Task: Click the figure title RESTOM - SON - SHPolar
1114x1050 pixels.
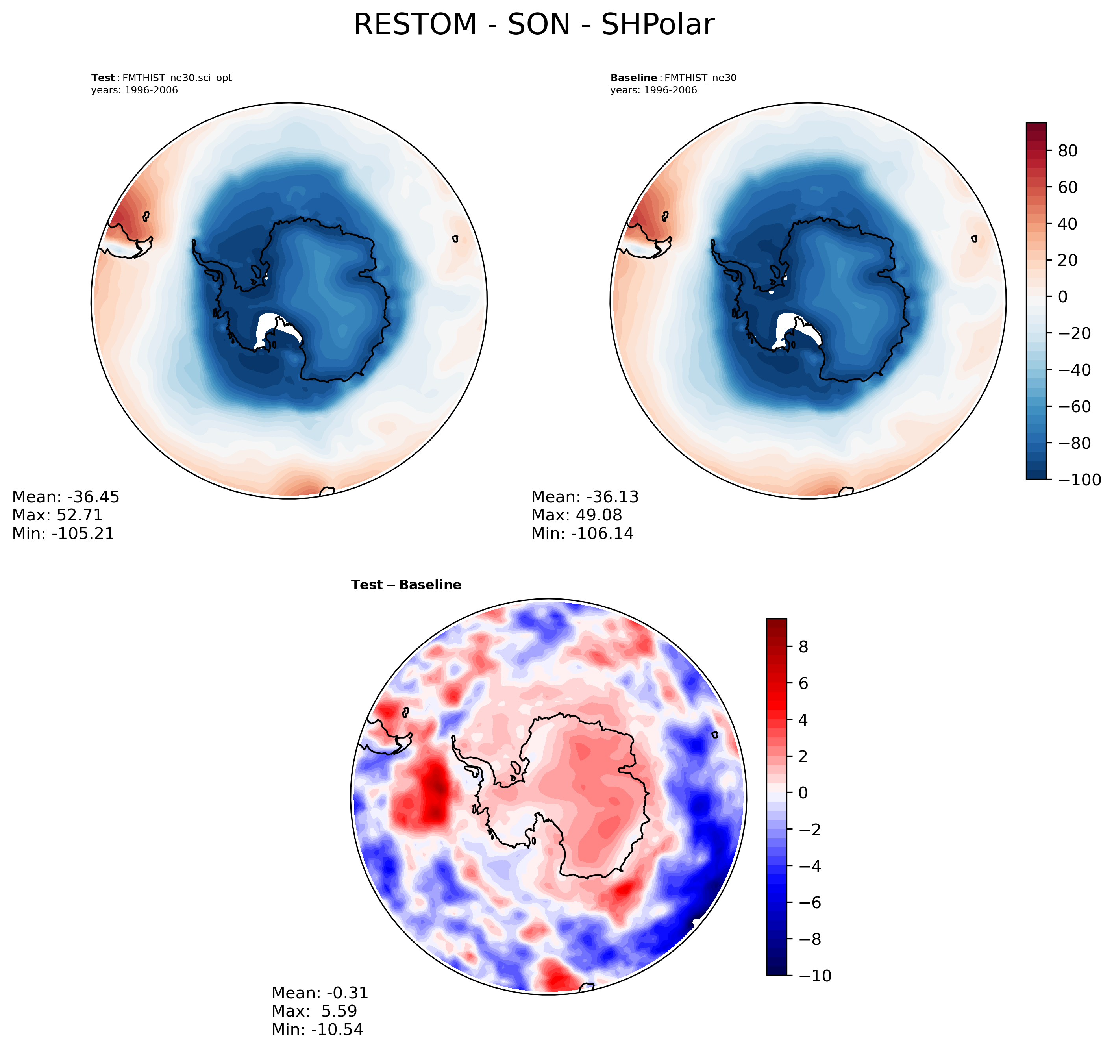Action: pyautogui.click(x=533, y=25)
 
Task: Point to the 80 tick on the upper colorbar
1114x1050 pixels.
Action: pyautogui.click(x=1068, y=151)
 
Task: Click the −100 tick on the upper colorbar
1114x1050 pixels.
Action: pyautogui.click(x=1079, y=480)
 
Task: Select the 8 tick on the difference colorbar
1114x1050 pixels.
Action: pyautogui.click(x=803, y=647)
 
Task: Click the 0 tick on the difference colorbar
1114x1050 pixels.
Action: pyautogui.click(x=803, y=793)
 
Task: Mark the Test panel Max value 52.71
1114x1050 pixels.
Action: pyautogui.click(x=80, y=515)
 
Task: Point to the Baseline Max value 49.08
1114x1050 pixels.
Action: pyautogui.click(x=599, y=515)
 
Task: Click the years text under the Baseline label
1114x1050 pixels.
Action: pyautogui.click(x=653, y=90)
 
